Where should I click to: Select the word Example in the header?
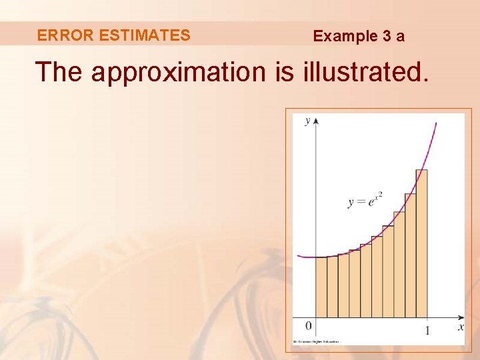pyautogui.click(x=345, y=36)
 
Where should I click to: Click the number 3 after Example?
pyautogui.click(x=387, y=36)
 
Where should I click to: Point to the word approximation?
pyautogui.click(x=178, y=72)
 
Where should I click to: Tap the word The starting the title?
pyautogui.click(x=59, y=71)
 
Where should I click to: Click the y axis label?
pyautogui.click(x=307, y=121)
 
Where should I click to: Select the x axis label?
pyautogui.click(x=461, y=327)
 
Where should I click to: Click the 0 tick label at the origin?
pyautogui.click(x=308, y=326)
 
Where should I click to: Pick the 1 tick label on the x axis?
pyautogui.click(x=427, y=330)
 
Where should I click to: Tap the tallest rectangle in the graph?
pyautogui.click(x=421, y=243)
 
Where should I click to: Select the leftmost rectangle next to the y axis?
pyautogui.click(x=321, y=287)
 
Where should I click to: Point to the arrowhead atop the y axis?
pyautogui.click(x=315, y=121)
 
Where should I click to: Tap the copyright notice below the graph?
pyautogui.click(x=316, y=342)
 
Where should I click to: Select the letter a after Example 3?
pyautogui.click(x=400, y=37)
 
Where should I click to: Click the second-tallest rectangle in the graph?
pyautogui.click(x=410, y=255)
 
